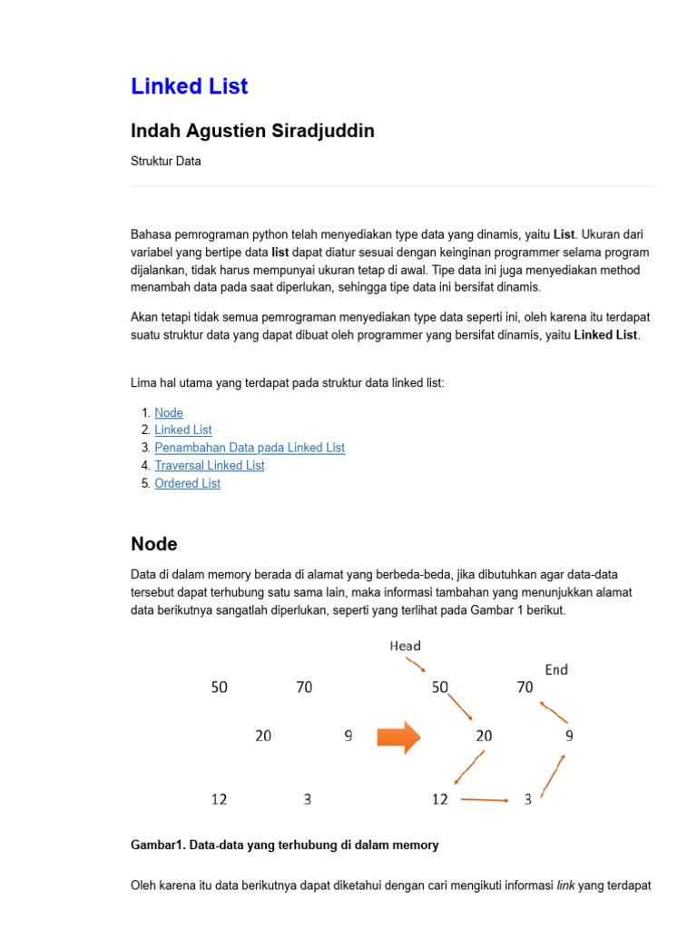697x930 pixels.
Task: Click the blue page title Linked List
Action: (x=189, y=86)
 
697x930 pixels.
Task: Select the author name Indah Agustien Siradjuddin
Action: (x=252, y=131)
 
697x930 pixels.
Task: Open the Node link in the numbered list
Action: (x=169, y=412)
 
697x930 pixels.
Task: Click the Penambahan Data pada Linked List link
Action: (x=250, y=448)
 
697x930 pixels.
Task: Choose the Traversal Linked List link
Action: (x=210, y=465)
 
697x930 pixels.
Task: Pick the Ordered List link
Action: (x=187, y=483)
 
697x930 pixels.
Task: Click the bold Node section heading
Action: (x=154, y=544)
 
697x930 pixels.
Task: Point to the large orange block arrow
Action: (x=398, y=737)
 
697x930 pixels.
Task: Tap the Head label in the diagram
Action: (x=405, y=646)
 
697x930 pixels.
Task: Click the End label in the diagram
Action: (x=556, y=669)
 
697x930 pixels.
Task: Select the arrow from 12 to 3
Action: (x=485, y=800)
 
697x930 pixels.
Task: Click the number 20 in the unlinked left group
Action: (x=263, y=736)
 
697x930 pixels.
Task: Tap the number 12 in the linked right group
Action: (x=440, y=799)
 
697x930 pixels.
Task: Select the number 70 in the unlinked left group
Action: (x=304, y=688)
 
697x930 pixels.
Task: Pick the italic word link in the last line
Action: (x=565, y=885)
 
